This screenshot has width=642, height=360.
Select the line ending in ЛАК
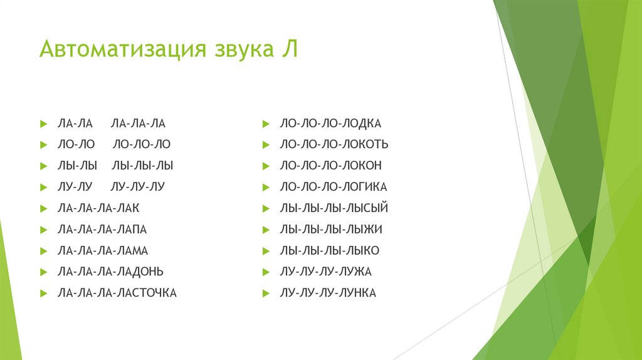(x=98, y=208)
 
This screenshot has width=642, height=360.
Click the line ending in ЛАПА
(x=102, y=230)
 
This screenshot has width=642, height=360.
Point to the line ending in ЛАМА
(x=102, y=251)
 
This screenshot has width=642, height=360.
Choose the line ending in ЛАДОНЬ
(x=110, y=272)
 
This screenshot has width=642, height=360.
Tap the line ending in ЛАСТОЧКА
(x=117, y=293)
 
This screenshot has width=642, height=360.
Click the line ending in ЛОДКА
(x=330, y=124)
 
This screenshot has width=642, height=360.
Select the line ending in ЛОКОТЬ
(x=334, y=145)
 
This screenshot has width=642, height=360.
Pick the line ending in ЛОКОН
(x=330, y=166)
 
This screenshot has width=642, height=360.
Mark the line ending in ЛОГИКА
(x=334, y=187)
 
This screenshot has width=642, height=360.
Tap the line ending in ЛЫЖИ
(x=331, y=230)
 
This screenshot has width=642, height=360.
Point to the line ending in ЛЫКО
(x=329, y=251)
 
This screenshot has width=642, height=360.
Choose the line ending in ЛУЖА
(x=326, y=272)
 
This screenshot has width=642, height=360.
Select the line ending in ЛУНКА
(x=328, y=293)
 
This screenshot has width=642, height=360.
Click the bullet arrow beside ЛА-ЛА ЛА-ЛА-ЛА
(x=43, y=124)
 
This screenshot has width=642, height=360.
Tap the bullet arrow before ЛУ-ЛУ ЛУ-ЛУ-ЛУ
(x=43, y=187)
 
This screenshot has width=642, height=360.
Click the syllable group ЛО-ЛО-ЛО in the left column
(x=142, y=145)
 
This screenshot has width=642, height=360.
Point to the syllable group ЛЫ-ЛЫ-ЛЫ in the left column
(x=142, y=166)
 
